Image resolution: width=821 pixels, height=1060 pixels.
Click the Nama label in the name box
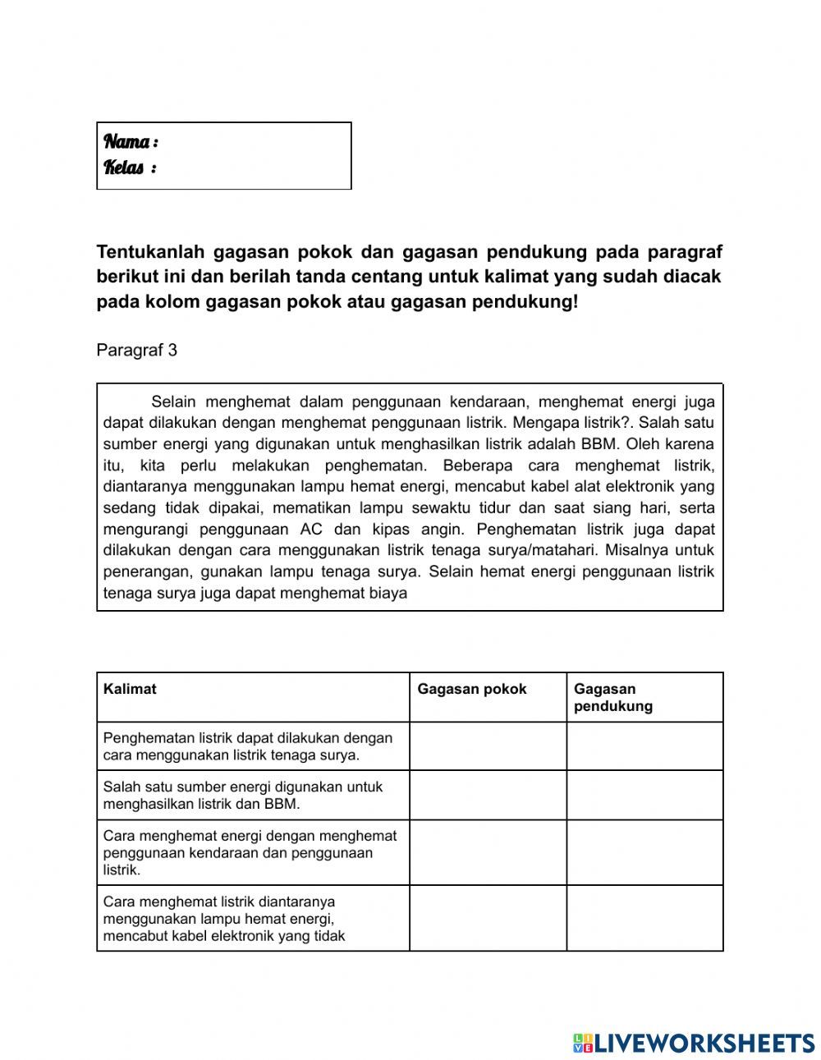click(x=130, y=142)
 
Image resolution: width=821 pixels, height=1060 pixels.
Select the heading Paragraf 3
click(x=136, y=351)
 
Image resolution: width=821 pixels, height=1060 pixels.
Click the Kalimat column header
click(x=130, y=690)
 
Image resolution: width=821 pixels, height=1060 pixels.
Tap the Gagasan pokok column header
click(x=472, y=690)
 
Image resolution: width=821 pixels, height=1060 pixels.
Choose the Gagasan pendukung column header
click(x=612, y=698)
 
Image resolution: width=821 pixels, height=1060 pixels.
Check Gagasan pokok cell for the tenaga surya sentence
click(x=488, y=746)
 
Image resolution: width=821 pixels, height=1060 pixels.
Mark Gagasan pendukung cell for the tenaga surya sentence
click(x=644, y=746)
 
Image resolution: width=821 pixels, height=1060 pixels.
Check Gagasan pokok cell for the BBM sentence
click(x=488, y=795)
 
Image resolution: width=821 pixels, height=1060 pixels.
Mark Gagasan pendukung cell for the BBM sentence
click(x=644, y=795)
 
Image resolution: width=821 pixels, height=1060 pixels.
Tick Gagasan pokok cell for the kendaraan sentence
click(x=488, y=852)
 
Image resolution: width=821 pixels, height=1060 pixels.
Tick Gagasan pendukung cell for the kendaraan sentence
click(x=644, y=852)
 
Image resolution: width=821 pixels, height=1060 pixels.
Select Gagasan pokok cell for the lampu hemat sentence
click(x=488, y=918)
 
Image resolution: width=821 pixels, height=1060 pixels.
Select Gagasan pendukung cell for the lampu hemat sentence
click(x=644, y=918)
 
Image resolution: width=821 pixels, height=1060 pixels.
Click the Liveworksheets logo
click(x=693, y=1043)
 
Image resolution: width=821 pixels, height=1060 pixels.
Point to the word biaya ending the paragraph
click(x=388, y=593)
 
